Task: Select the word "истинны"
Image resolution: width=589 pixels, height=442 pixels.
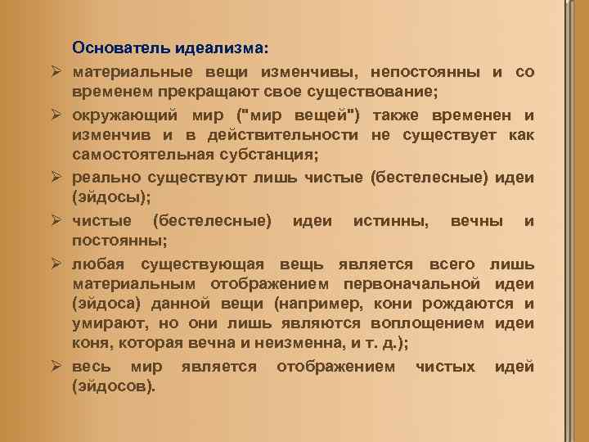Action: [384, 221]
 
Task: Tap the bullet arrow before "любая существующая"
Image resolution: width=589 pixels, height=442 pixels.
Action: [58, 264]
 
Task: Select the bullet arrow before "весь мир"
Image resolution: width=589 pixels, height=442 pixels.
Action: [58, 367]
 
